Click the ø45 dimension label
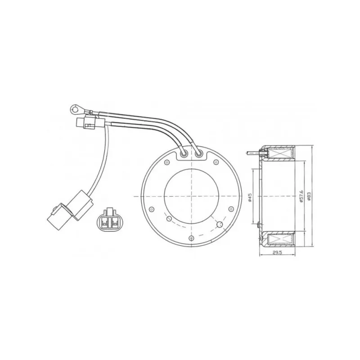[x=250, y=197]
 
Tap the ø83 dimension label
[x=309, y=197]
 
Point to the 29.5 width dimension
[x=277, y=252]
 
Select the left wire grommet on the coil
[x=184, y=155]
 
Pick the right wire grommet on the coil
[x=199, y=154]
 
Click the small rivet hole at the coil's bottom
[x=191, y=238]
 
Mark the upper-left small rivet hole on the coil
[x=167, y=162]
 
